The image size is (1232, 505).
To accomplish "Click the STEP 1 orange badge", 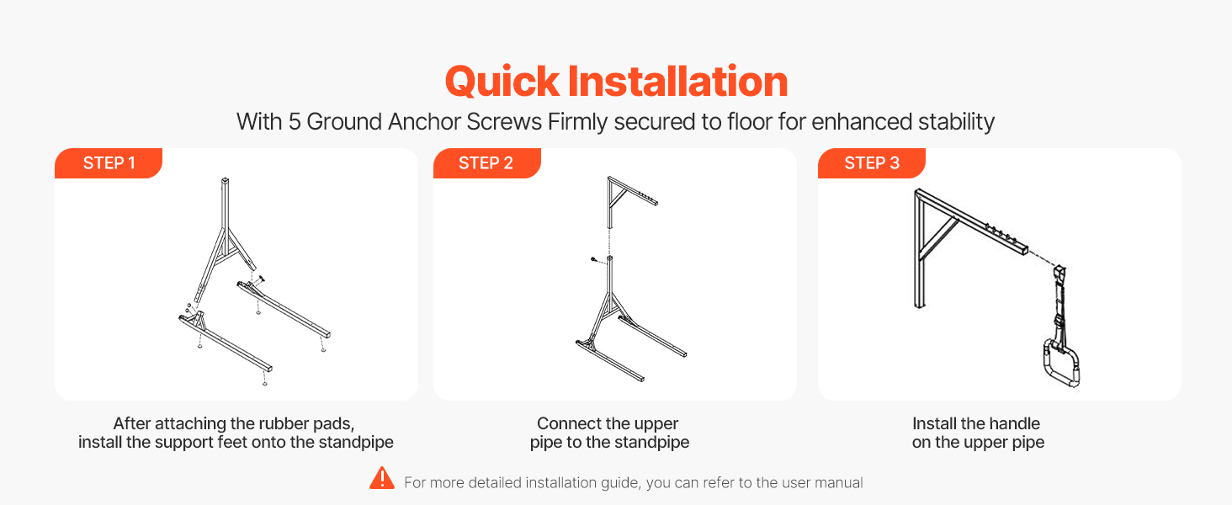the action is (109, 162).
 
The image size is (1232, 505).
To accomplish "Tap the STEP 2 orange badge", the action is (486, 162).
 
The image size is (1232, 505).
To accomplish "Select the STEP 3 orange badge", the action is (871, 162).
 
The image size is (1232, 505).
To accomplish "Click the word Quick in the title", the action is (502, 82).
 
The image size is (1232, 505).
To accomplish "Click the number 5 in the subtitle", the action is (295, 121).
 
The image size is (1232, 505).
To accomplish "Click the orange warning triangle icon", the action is (382, 477).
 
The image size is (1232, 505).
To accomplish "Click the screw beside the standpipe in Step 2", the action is (594, 259).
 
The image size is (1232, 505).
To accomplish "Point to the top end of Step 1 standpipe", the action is (225, 180).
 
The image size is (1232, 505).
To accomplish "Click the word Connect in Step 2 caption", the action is (565, 423).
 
